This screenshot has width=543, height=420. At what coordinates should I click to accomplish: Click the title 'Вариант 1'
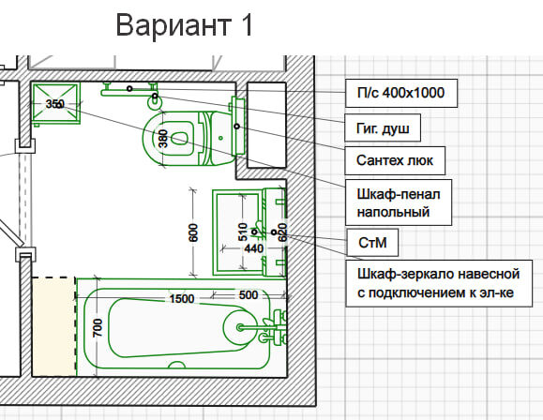tap(184, 25)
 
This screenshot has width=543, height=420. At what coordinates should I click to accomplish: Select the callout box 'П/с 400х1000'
tap(401, 93)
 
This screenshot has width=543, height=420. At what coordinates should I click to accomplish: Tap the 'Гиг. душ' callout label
tap(383, 128)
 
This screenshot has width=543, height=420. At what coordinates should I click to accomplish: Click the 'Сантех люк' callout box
tap(395, 160)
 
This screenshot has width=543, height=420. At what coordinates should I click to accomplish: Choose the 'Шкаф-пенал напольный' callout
tap(399, 202)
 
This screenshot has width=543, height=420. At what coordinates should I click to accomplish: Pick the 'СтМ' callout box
tap(372, 243)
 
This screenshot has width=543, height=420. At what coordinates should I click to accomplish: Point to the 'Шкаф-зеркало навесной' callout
tap(439, 283)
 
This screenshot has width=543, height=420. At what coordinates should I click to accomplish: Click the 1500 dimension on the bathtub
tap(182, 299)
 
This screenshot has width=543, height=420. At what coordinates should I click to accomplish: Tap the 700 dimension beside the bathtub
tap(98, 327)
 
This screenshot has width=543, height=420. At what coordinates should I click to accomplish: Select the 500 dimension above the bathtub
tap(249, 295)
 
